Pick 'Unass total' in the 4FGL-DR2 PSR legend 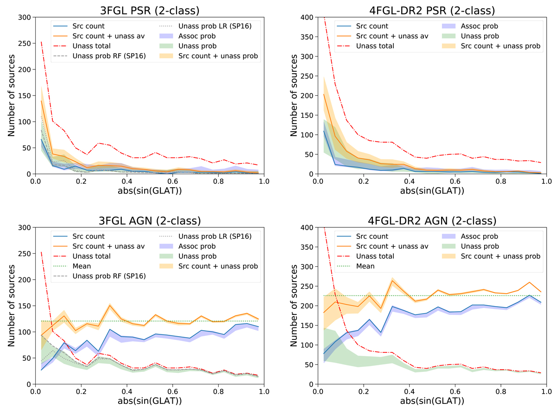[376, 46]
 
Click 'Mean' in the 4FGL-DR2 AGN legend [365, 266]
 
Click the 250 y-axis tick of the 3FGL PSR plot [24, 44]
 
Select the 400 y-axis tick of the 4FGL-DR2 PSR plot [306, 18]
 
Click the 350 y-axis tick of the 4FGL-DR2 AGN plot [306, 247]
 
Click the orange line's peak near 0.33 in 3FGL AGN [110, 305]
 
